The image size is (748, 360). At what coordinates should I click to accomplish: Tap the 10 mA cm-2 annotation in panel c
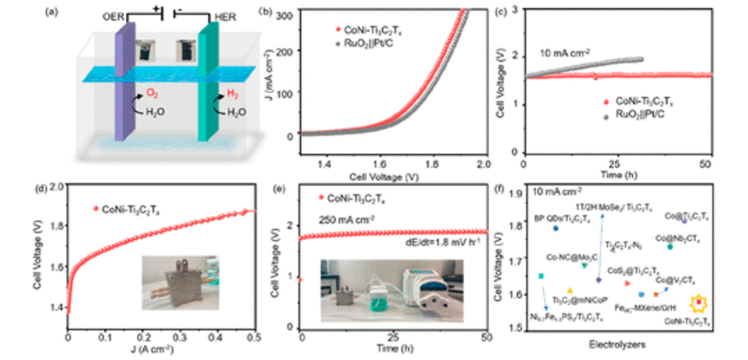[568, 54]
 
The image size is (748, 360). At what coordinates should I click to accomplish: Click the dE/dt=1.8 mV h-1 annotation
[448, 243]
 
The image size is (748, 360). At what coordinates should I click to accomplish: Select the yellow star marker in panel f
[699, 302]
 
